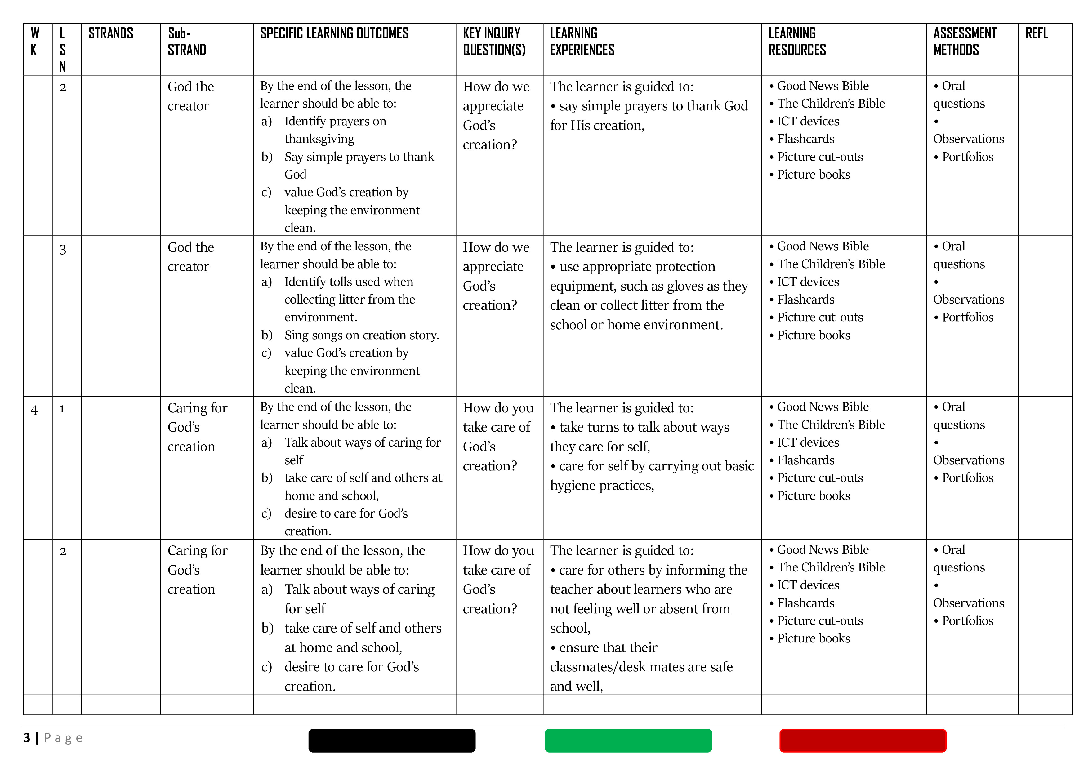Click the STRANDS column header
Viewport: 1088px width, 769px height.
coord(110,33)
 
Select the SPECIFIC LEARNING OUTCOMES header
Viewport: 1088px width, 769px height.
coord(334,33)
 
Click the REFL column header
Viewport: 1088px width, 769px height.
coord(1036,33)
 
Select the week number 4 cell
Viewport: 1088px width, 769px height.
coord(34,410)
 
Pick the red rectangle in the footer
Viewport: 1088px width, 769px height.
coord(863,740)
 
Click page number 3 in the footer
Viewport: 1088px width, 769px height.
coord(27,738)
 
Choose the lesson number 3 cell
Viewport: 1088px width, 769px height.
coord(63,250)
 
